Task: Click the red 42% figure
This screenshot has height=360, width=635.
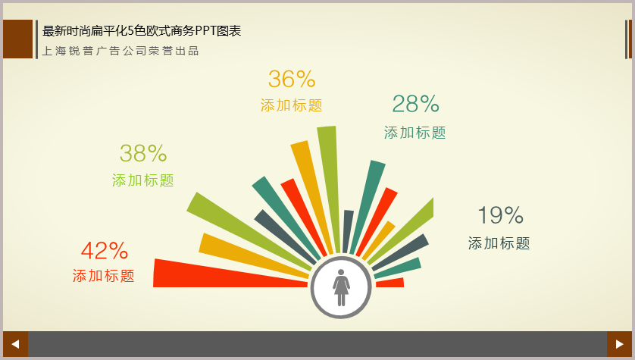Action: [x=105, y=251]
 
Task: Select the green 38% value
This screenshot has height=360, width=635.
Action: [x=143, y=154]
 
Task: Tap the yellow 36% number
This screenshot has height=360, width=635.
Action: [x=292, y=79]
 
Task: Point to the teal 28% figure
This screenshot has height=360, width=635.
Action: [x=415, y=104]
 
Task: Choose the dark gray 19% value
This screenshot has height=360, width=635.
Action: [x=501, y=215]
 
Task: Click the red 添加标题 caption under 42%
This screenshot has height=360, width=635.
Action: [x=104, y=276]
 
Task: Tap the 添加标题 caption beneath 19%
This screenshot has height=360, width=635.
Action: [x=499, y=243]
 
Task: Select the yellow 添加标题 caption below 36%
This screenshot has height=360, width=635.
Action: [x=292, y=105]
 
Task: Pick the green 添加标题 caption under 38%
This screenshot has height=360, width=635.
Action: [x=143, y=180]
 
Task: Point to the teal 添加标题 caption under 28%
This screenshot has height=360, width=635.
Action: [x=415, y=133]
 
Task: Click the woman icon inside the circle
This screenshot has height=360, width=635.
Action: [x=341, y=287]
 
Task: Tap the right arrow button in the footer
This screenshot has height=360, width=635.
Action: [x=619, y=344]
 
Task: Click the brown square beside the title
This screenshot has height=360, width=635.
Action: [x=18, y=39]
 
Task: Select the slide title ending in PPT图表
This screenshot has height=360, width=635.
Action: [x=142, y=31]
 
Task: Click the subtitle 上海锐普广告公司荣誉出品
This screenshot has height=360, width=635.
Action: [x=120, y=51]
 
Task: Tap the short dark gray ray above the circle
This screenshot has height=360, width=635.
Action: [x=348, y=232]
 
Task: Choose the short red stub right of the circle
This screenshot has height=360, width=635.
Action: [x=390, y=283]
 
